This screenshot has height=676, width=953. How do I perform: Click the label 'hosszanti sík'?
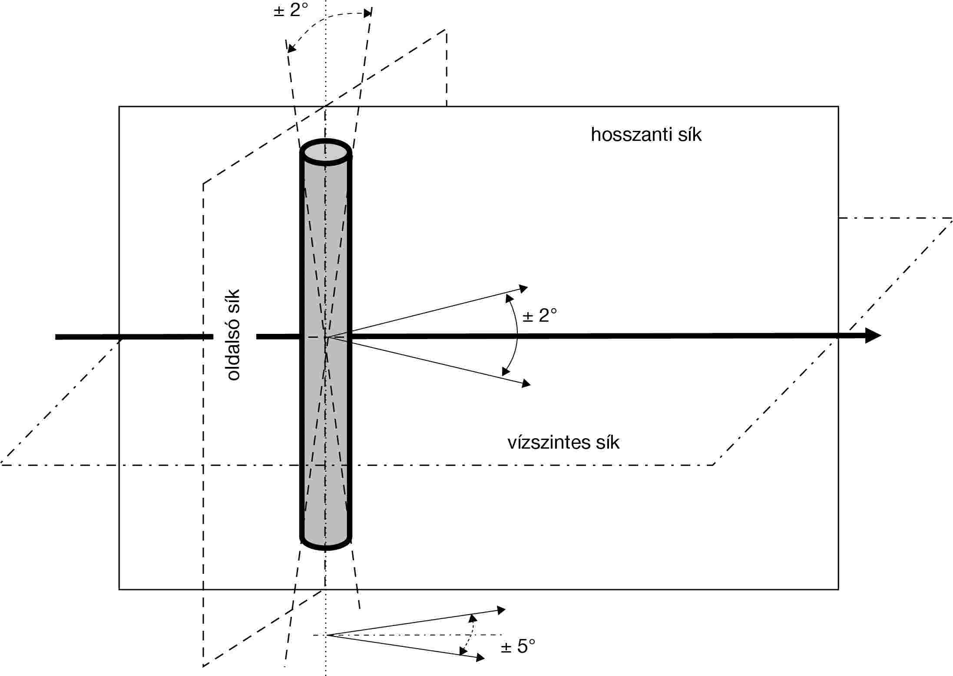(646, 135)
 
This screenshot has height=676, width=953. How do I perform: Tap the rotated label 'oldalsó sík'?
(233, 335)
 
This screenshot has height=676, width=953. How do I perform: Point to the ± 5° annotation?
(518, 646)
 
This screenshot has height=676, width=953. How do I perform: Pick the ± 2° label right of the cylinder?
(539, 315)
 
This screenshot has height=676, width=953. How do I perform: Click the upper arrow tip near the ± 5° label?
(506, 609)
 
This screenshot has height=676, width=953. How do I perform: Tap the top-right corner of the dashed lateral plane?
(446, 30)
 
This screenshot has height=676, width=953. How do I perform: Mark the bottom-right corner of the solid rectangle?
(838, 589)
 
